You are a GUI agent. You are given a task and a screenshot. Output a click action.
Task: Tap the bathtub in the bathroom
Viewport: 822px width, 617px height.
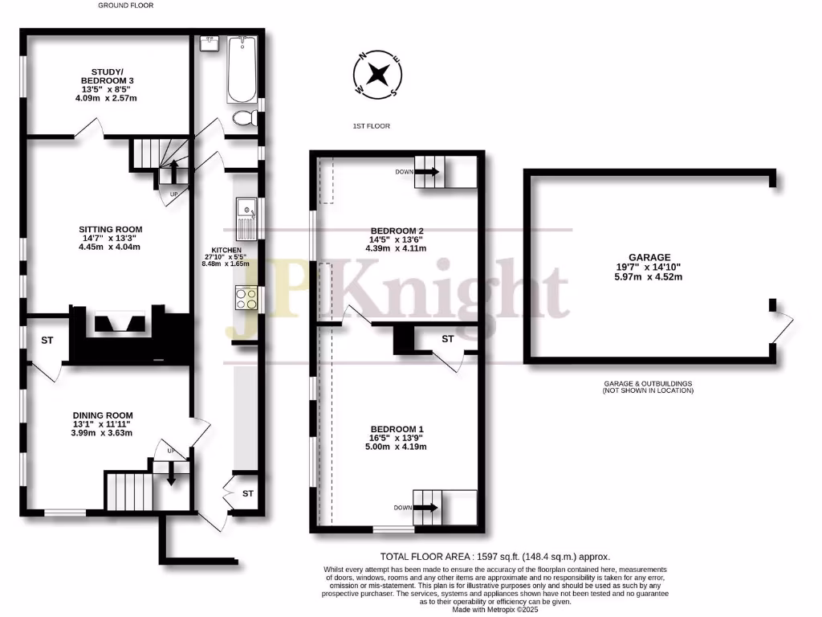click(241, 69)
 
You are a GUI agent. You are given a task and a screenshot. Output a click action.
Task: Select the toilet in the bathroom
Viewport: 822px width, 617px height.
click(244, 119)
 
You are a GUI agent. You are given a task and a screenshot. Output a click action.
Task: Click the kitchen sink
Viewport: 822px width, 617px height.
click(246, 218)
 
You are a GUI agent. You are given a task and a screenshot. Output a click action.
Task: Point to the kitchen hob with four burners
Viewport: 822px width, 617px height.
click(246, 298)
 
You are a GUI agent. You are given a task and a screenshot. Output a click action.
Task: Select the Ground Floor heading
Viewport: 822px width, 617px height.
click(126, 5)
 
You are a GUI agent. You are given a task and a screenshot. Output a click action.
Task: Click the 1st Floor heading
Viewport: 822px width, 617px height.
click(371, 127)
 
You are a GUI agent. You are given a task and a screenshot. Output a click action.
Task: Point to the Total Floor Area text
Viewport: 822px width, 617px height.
click(494, 556)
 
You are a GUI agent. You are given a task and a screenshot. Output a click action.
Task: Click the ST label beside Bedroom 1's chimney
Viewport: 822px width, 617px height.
click(448, 339)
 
